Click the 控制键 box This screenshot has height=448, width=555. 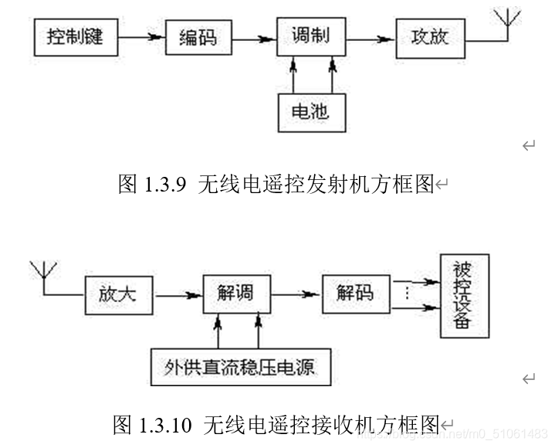tap(74, 37)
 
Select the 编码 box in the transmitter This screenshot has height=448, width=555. tap(198, 37)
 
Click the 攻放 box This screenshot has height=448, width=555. tap(430, 37)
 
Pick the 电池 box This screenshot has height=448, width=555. tap(311, 111)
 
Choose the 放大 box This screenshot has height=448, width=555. tap(117, 294)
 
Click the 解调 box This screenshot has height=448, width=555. tap(236, 294)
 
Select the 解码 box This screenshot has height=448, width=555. tap(355, 294)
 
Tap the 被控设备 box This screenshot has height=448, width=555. tap(465, 295)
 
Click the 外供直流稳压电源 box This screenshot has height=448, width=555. tap(240, 367)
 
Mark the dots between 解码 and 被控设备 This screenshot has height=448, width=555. tap(407, 294)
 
